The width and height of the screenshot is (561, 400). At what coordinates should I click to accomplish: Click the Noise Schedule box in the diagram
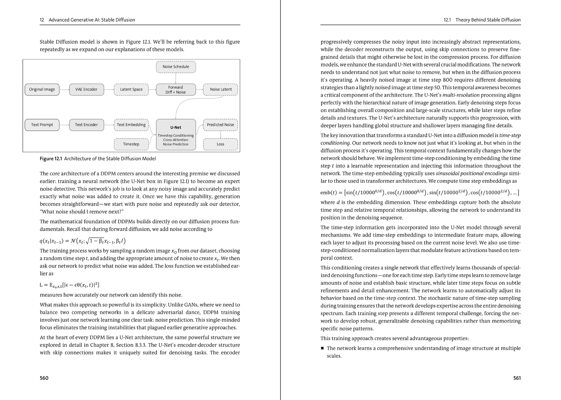[x=176, y=67]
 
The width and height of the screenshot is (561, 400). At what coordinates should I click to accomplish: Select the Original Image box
[x=42, y=89]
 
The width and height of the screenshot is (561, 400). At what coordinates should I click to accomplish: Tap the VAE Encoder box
[x=86, y=89]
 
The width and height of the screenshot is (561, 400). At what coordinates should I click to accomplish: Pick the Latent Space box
[x=131, y=89]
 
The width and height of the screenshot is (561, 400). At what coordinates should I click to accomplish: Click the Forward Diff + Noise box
[x=176, y=90]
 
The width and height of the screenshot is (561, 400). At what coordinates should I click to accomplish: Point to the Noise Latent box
[x=221, y=89]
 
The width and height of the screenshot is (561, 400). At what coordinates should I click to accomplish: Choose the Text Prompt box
[x=42, y=125]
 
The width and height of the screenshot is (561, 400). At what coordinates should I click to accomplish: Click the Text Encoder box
[x=86, y=125]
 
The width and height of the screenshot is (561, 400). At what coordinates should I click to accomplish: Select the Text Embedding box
[x=131, y=125]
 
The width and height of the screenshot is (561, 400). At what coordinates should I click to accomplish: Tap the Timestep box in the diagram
[x=131, y=144]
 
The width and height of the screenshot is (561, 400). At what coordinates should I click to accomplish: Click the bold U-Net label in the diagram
[x=176, y=127]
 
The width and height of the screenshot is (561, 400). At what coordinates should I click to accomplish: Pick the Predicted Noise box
[x=221, y=125]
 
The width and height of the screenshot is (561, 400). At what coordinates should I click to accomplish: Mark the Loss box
[x=221, y=144]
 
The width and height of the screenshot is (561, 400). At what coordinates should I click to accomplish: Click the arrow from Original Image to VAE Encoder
[x=64, y=89]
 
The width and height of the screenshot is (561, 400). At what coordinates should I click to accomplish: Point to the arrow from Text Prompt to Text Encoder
[x=64, y=125]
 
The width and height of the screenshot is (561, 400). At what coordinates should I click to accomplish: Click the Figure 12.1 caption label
[x=51, y=159]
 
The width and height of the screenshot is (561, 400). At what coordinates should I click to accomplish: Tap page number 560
[x=44, y=378]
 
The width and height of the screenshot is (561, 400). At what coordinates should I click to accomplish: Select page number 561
[x=517, y=378]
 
